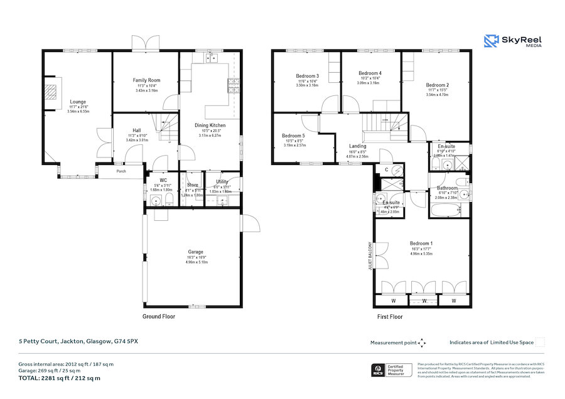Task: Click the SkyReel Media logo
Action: coord(513,41)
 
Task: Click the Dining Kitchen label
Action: coord(210,125)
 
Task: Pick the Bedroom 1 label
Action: coord(421,243)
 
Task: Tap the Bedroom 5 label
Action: coord(293,136)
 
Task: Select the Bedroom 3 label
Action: coord(307,76)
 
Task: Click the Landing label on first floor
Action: coord(358,146)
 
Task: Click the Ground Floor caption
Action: coord(159,317)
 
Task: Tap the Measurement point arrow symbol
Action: coord(422,343)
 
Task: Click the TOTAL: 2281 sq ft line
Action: coord(59,378)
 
